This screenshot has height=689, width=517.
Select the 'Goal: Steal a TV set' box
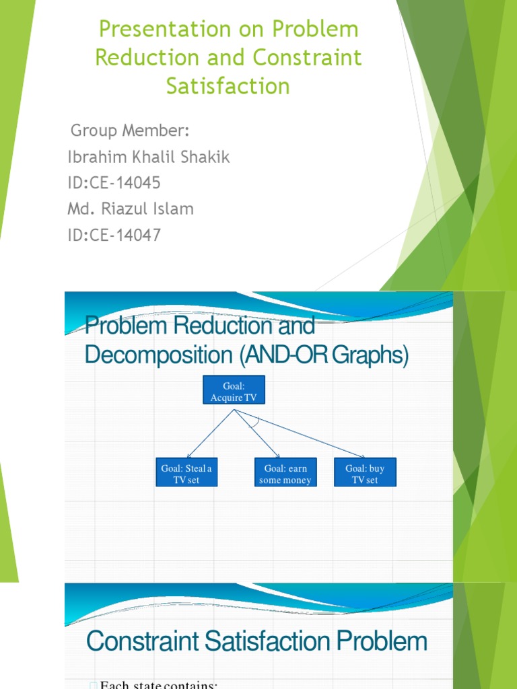[186, 474]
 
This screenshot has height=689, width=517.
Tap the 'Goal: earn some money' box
[285, 474]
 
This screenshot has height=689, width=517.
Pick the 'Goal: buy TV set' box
[365, 474]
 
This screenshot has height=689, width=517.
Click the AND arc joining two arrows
[254, 422]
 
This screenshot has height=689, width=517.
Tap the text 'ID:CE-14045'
[114, 183]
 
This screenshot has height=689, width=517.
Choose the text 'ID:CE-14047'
[114, 235]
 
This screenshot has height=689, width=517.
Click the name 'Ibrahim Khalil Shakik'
[149, 157]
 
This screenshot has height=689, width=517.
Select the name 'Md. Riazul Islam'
[131, 209]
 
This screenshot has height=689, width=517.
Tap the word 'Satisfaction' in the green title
[228, 86]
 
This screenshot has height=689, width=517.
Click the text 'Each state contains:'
[158, 684]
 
